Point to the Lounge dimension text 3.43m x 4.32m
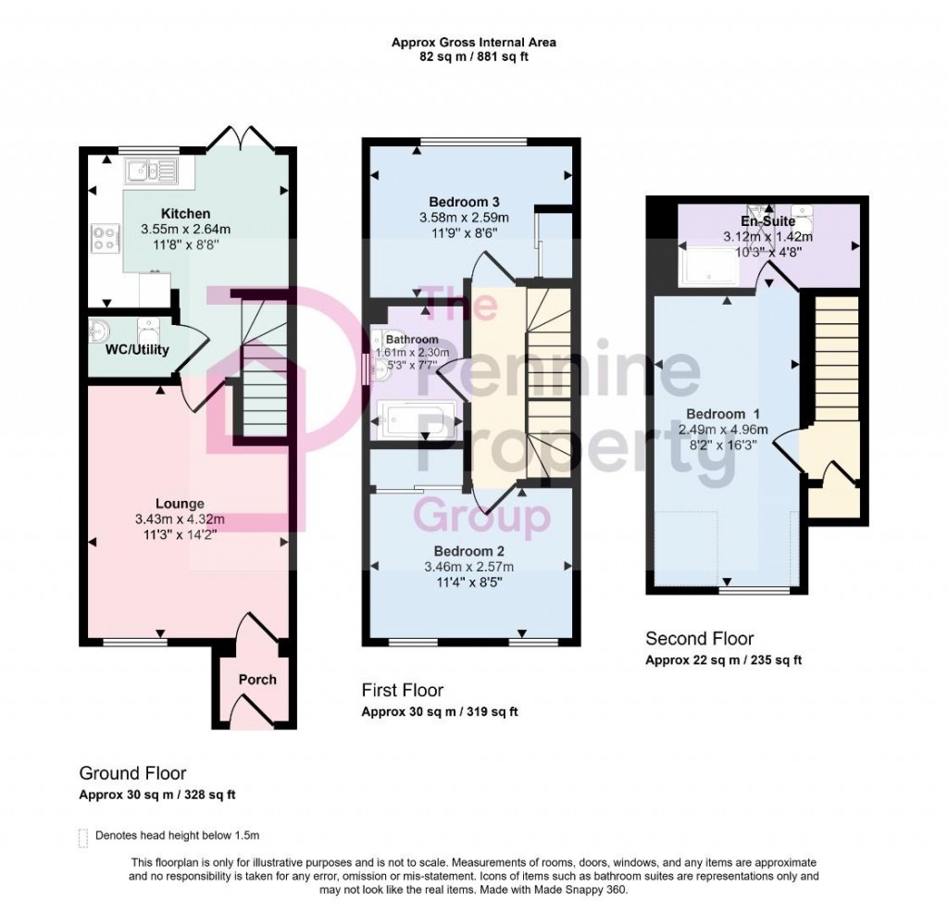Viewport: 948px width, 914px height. click(x=180, y=519)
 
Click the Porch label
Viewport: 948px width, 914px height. click(x=257, y=679)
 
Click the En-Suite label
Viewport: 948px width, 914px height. click(x=768, y=221)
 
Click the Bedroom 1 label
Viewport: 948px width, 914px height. click(x=716, y=413)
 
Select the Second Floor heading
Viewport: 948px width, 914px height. click(x=699, y=638)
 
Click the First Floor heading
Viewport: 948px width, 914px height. click(x=402, y=690)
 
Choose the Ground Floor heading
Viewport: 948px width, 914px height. click(x=132, y=773)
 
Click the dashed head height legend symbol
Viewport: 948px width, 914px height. click(x=83, y=836)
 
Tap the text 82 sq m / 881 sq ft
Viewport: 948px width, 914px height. click(x=473, y=56)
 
